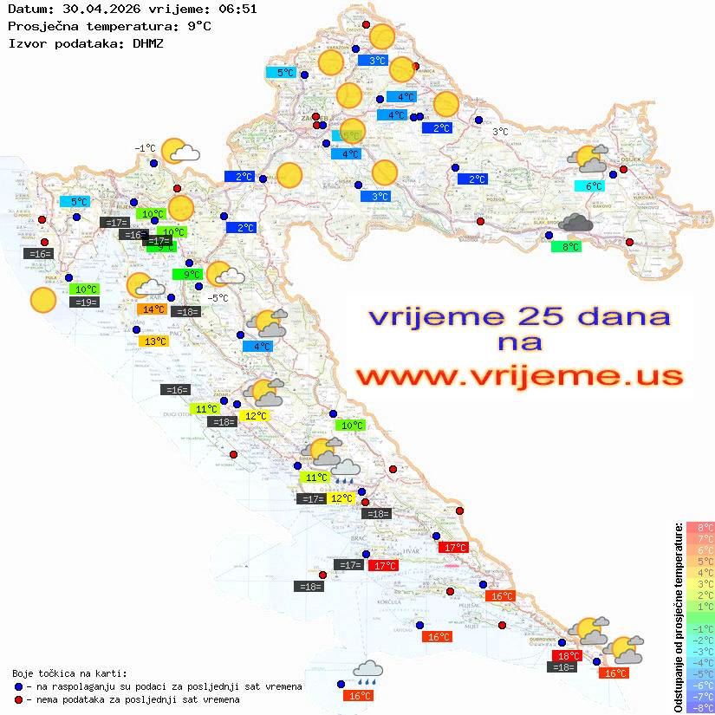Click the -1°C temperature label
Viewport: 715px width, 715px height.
145,148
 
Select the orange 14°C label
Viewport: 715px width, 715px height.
153,309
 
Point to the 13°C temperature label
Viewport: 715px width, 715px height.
154,341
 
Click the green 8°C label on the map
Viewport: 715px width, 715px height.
566,247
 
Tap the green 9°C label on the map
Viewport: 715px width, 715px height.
187,275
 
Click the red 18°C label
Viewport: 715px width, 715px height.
567,656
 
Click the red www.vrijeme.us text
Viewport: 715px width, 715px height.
518,377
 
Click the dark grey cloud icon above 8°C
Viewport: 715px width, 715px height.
575,224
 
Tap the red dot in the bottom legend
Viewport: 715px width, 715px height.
19,699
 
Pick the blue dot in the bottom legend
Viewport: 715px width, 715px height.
19,686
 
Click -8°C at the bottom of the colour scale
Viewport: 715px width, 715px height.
699,707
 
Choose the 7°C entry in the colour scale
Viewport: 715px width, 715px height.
699,539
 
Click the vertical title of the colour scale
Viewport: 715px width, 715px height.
677,617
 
